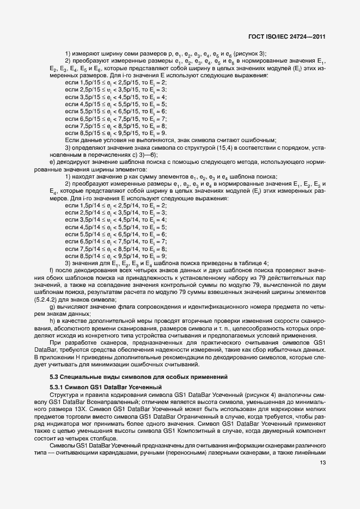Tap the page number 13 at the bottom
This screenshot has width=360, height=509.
323,464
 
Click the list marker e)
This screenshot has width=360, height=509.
52,161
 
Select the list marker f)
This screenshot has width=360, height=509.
51,271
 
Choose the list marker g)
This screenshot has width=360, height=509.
52,308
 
